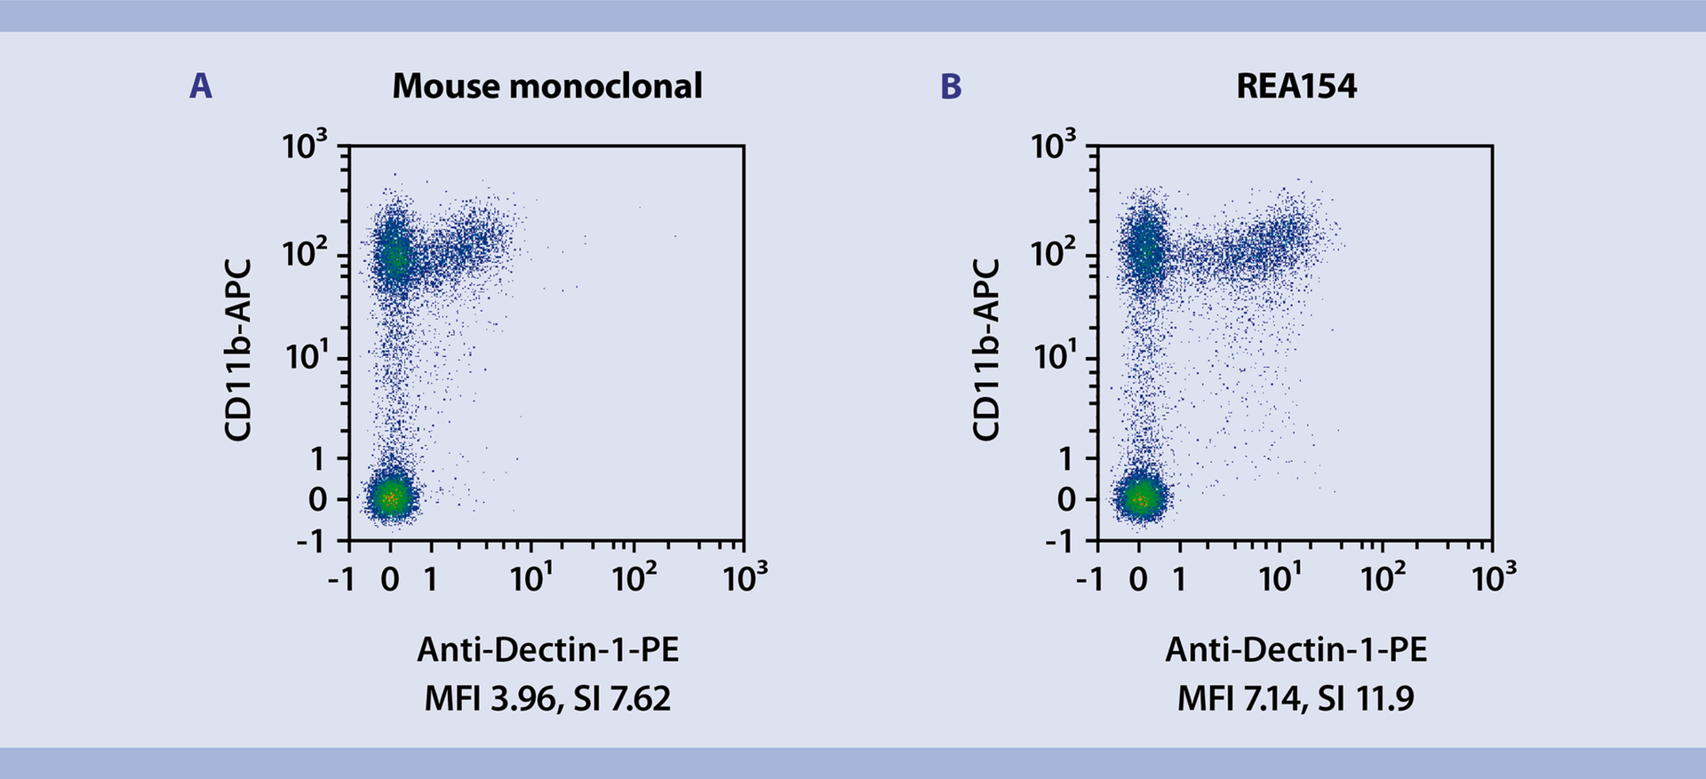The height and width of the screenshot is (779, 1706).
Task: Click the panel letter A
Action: click(201, 86)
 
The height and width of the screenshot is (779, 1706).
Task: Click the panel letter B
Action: click(951, 86)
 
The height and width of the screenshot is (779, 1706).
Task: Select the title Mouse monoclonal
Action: click(547, 86)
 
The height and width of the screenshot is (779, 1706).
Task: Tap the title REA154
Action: click(1296, 86)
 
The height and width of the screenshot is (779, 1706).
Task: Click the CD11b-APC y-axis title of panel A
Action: click(238, 350)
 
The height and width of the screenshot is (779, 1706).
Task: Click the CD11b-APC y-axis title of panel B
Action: click(986, 350)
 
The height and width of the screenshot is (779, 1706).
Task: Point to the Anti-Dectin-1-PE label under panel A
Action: click(547, 650)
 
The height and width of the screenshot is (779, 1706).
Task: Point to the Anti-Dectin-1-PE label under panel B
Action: click(1296, 650)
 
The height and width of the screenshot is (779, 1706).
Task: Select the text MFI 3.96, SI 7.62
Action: click(547, 699)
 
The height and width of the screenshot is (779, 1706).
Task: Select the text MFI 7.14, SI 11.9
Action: click(1296, 699)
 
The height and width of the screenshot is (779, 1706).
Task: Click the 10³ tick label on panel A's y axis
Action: click(305, 145)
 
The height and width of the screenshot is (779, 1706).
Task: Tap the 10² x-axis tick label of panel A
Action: click(632, 579)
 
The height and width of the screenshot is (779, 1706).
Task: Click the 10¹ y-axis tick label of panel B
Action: click(1054, 357)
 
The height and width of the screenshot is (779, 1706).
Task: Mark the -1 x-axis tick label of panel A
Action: click(341, 580)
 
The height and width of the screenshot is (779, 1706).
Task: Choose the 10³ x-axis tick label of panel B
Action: click(1493, 579)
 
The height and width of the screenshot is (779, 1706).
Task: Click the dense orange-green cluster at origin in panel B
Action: click(1140, 498)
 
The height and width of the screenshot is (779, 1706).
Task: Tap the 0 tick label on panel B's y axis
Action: click(1066, 500)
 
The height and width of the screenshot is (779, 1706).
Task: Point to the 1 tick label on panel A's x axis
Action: click(431, 580)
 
